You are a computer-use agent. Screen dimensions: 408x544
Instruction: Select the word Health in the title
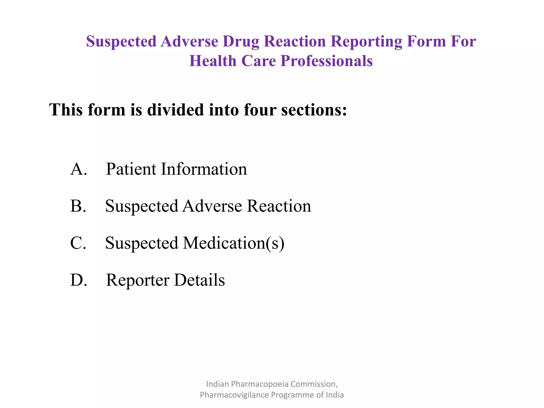213,61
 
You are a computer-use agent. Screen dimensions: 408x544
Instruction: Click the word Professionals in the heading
326,61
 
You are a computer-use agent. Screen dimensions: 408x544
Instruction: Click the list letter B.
78,206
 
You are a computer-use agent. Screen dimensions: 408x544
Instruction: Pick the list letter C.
78,243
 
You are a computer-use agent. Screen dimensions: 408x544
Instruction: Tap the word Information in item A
204,169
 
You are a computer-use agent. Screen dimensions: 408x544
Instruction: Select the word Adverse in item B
212,206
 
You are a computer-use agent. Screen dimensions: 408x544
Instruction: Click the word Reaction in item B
279,206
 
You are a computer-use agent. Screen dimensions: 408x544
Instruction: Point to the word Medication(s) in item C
233,243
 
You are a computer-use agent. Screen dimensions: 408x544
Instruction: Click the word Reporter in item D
138,280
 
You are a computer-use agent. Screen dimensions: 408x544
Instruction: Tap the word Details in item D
199,280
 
